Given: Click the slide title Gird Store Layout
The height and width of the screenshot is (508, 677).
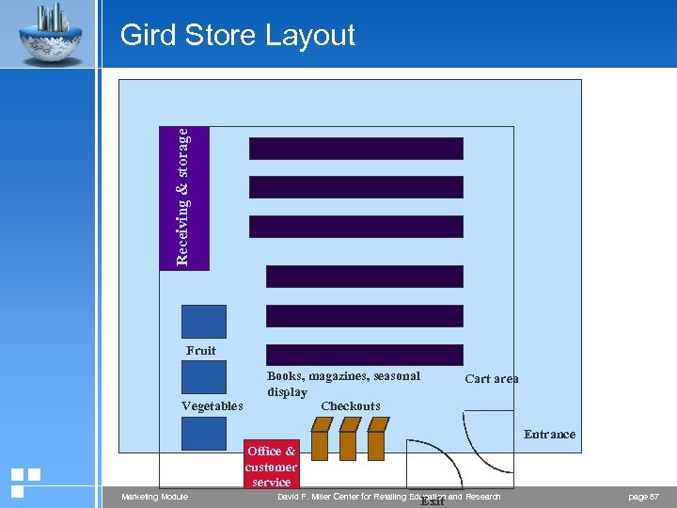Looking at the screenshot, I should tap(238, 36).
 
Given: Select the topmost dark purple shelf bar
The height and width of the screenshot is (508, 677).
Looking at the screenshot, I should tap(355, 149).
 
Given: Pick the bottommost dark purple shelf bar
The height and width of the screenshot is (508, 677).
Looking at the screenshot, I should tap(365, 355).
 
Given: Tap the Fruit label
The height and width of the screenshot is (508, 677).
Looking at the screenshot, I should tap(201, 351).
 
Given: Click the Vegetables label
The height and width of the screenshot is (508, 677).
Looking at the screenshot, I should tap(212, 406).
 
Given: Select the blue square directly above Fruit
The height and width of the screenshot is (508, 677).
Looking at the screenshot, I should tap(204, 322).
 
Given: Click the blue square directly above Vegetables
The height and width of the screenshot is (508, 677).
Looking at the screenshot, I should tap(204, 376).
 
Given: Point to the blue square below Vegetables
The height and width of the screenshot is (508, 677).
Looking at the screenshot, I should tap(204, 434).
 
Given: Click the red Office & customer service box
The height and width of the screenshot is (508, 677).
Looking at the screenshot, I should tap(271, 465).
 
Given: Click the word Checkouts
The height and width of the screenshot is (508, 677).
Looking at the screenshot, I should tap(351, 406).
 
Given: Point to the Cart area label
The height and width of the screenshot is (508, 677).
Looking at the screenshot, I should tap(491, 379).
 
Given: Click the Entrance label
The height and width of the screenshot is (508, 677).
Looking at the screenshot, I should tap(549, 435).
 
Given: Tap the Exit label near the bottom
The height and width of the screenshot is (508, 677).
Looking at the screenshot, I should tap(432, 501).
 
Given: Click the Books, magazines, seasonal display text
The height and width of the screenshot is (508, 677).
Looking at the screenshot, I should tap(343, 383).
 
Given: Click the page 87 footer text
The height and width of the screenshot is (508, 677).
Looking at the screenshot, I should tap(643, 497).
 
